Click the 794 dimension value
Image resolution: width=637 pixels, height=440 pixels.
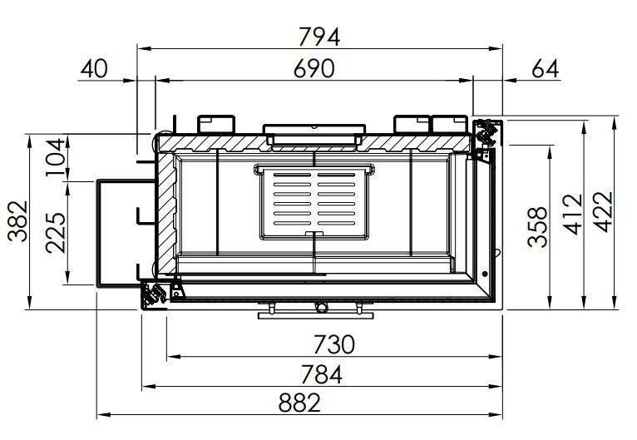tap(318, 37)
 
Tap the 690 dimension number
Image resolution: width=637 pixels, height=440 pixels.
tap(314, 68)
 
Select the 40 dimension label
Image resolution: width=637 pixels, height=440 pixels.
tap(94, 68)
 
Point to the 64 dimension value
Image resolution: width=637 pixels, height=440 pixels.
tap(546, 68)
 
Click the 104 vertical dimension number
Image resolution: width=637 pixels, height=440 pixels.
tap(56, 157)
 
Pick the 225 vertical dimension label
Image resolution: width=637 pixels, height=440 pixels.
tap(56, 233)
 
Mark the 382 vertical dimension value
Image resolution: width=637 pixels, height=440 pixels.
tap(18, 221)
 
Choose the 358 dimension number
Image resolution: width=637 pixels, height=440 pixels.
tap(537, 227)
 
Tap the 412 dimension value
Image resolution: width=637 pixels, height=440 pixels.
tap(573, 214)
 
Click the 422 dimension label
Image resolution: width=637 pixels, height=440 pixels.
tap(602, 211)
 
